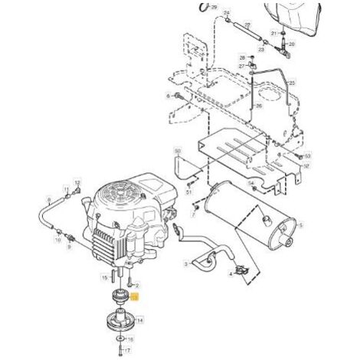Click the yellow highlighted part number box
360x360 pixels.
(x=135, y=296)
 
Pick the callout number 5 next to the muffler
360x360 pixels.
(x=301, y=226)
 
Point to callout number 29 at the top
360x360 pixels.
(x=214, y=7)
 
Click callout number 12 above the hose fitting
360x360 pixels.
(x=77, y=187)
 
